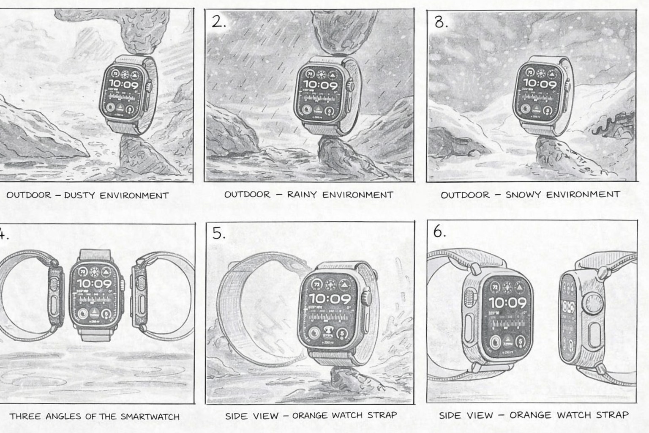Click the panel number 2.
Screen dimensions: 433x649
point(218,22)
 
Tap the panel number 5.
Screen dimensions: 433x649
point(218,233)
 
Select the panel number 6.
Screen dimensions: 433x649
point(439,232)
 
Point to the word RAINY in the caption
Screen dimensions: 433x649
point(302,195)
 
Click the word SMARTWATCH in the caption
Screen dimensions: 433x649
point(150,417)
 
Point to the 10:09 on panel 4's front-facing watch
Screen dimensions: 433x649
point(94,284)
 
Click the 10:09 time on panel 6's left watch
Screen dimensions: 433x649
point(507,303)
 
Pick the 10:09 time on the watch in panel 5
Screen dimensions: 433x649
point(330,299)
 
